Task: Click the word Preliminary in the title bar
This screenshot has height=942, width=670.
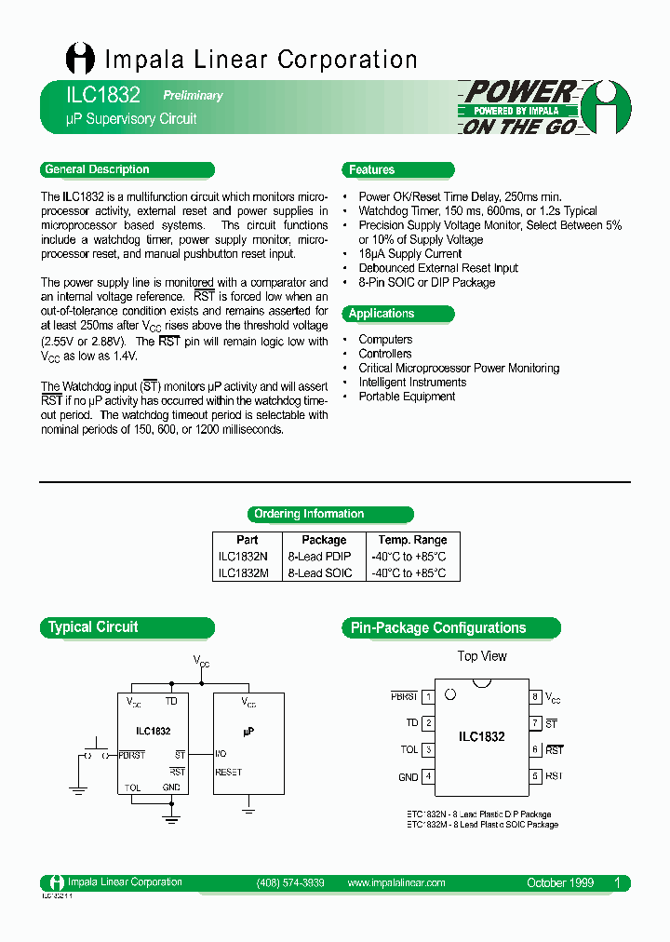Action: (193, 95)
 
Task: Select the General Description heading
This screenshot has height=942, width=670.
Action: (97, 169)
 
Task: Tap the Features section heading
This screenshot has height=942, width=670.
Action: (372, 169)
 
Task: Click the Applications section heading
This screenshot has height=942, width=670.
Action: (382, 314)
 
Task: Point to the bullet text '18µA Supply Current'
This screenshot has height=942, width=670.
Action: (409, 253)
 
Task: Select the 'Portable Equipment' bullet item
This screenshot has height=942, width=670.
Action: (407, 397)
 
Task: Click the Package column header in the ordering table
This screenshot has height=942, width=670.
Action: (324, 540)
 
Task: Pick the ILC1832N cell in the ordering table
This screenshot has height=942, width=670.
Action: (243, 557)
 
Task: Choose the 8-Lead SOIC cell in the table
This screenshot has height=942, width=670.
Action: (320, 573)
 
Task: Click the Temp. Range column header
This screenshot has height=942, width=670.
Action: (412, 540)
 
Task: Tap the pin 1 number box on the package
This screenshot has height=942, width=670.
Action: (428, 696)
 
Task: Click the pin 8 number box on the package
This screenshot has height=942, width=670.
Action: (535, 696)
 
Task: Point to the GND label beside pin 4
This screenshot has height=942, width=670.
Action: (409, 776)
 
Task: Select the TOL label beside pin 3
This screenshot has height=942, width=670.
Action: (409, 749)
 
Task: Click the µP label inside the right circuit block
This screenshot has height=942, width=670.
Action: (248, 732)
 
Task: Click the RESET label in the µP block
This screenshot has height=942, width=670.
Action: (228, 772)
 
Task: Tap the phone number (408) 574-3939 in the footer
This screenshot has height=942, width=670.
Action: (289, 882)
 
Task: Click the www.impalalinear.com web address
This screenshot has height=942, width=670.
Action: (395, 882)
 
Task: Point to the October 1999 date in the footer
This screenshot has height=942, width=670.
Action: (559, 882)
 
